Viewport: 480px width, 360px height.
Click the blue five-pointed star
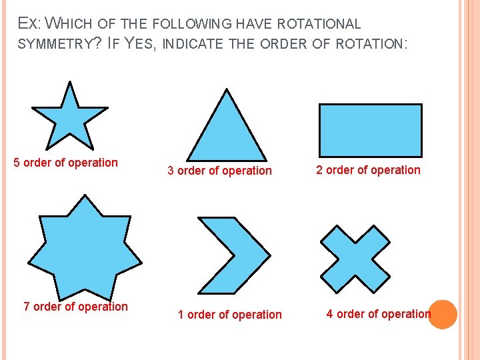pyautogui.click(x=69, y=119)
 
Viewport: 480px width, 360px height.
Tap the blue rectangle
pyautogui.click(x=370, y=130)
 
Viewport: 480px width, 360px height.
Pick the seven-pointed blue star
pyautogui.click(x=83, y=247)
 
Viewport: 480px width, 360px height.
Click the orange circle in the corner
pyautogui.click(x=443, y=314)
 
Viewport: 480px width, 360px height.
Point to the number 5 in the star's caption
pyautogui.click(x=17, y=163)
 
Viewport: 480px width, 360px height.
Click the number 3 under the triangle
pyautogui.click(x=171, y=171)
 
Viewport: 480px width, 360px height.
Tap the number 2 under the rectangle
pyautogui.click(x=319, y=170)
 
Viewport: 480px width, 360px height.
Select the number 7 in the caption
pyautogui.click(x=27, y=307)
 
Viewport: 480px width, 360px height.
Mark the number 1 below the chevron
pyautogui.click(x=181, y=315)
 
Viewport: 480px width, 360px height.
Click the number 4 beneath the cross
pyautogui.click(x=329, y=314)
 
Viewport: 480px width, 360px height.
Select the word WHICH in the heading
pyautogui.click(x=72, y=25)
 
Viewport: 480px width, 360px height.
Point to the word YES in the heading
pyautogui.click(x=137, y=45)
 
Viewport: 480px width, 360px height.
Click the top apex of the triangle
pyautogui.click(x=227, y=89)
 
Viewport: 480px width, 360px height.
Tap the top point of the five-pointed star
pyautogui.click(x=69, y=83)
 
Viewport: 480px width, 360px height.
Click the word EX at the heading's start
pyautogui.click(x=27, y=25)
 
